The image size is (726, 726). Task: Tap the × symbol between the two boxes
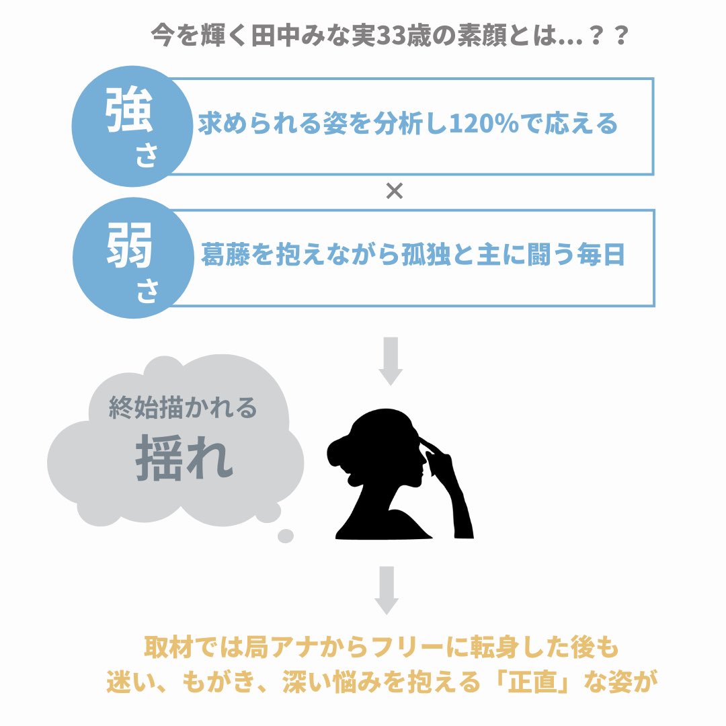click(x=395, y=192)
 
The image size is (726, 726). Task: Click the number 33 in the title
click(x=382, y=35)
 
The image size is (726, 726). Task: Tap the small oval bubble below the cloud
click(x=286, y=536)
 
